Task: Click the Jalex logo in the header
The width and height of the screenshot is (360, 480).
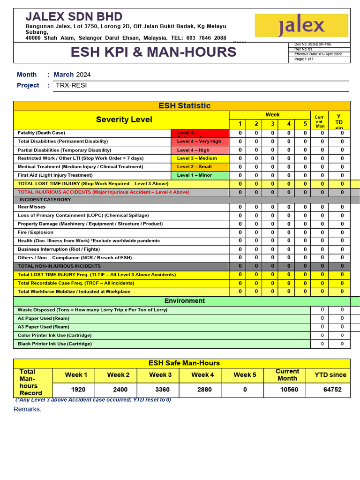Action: (301, 25)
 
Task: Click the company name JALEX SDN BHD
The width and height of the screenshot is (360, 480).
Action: (74, 16)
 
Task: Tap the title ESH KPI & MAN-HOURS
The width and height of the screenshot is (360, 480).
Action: (153, 52)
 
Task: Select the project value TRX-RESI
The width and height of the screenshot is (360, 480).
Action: (71, 85)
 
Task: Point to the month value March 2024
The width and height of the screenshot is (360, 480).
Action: (72, 75)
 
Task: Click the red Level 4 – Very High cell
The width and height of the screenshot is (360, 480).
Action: (199, 142)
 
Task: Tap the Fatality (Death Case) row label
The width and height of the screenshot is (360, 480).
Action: (41, 133)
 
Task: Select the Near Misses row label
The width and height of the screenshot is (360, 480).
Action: (31, 207)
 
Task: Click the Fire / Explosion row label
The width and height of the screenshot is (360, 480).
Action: (36, 232)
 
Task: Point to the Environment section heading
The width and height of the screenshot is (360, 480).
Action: (184, 301)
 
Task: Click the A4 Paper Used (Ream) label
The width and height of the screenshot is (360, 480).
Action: (44, 318)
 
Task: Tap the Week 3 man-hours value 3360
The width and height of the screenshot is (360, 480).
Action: (162, 390)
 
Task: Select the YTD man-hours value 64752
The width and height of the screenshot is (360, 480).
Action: (332, 390)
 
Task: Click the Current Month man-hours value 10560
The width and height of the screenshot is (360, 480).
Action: (289, 390)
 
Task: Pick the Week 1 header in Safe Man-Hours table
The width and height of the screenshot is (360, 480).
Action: (76, 375)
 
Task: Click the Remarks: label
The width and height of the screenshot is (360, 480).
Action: (27, 409)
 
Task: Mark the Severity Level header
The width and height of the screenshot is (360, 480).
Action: (124, 120)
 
